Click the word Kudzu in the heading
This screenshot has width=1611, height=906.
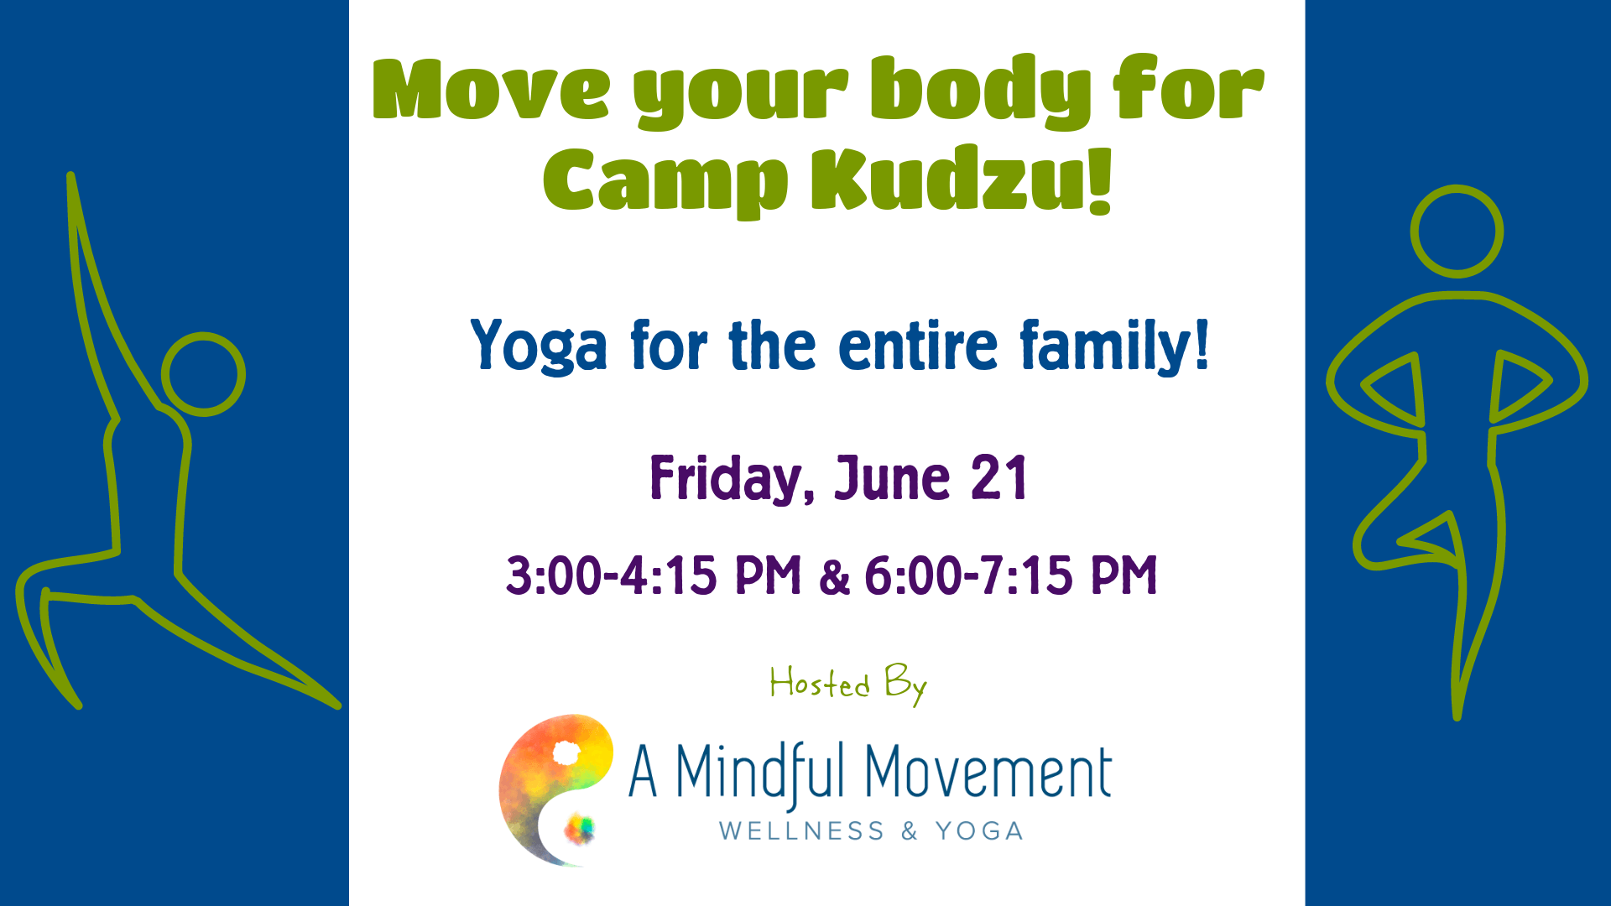coord(962,180)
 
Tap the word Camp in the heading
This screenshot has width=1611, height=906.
coord(665,183)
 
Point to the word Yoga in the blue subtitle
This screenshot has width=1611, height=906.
coord(539,346)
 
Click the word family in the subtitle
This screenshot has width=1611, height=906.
coord(1114,346)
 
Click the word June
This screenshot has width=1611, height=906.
coord(893,479)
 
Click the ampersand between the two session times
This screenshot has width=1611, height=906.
coord(834,578)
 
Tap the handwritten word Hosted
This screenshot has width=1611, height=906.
coord(820,683)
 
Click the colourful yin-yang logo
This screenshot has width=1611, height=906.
coord(555,789)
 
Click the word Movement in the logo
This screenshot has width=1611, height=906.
coord(988,773)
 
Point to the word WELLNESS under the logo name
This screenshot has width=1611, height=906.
coord(801,831)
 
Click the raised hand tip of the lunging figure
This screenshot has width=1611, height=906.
coord(71,175)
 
